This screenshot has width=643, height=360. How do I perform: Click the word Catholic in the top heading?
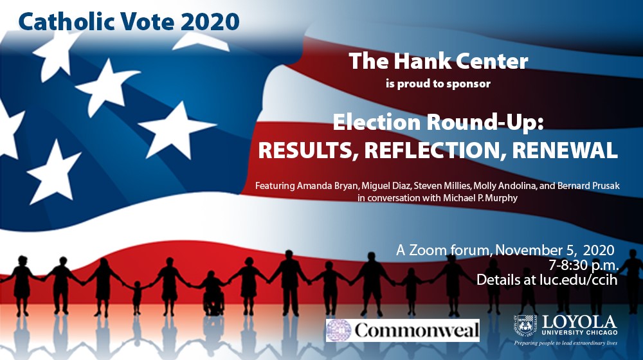[x=66, y=21]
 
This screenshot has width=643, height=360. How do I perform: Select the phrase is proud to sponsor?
[x=438, y=84]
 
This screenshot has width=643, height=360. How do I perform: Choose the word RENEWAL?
[x=565, y=150]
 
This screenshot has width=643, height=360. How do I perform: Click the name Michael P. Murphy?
[x=480, y=198]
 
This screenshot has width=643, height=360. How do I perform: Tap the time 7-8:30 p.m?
[x=584, y=265]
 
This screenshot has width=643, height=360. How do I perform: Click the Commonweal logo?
[x=403, y=330]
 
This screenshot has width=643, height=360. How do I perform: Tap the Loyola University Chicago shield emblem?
[x=525, y=325]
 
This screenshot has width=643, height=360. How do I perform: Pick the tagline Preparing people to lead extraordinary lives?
[x=566, y=343]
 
